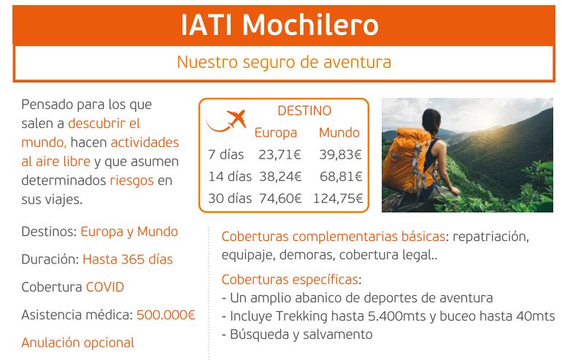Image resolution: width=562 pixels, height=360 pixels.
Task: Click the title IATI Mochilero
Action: click(x=280, y=25)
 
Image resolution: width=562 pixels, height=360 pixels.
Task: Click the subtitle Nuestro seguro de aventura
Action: click(x=284, y=62)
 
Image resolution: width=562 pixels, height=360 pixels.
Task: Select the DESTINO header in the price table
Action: click(x=304, y=110)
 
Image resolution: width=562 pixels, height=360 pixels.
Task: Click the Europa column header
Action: click(x=276, y=133)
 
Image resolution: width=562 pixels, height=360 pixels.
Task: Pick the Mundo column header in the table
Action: click(x=339, y=133)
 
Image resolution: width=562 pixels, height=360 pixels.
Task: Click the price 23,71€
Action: click(x=280, y=155)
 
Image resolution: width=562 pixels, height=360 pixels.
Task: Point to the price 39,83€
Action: click(x=341, y=155)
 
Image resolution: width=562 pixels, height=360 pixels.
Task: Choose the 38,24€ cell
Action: click(x=280, y=177)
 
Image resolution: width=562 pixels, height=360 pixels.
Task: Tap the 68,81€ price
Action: click(x=341, y=177)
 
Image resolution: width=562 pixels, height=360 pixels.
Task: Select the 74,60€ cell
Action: click(x=280, y=199)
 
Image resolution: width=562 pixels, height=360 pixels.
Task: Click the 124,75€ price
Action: click(x=338, y=199)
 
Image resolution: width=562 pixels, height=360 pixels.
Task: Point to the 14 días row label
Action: click(x=230, y=177)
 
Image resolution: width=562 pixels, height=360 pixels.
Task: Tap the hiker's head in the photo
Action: click(x=431, y=121)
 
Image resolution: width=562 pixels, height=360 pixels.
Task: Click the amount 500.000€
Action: click(x=166, y=315)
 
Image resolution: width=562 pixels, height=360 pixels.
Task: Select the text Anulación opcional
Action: click(x=77, y=342)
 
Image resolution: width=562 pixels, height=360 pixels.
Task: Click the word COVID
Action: click(x=105, y=287)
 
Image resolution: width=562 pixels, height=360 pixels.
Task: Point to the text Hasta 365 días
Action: click(x=128, y=259)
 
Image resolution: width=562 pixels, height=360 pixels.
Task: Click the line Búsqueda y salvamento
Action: click(x=297, y=334)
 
